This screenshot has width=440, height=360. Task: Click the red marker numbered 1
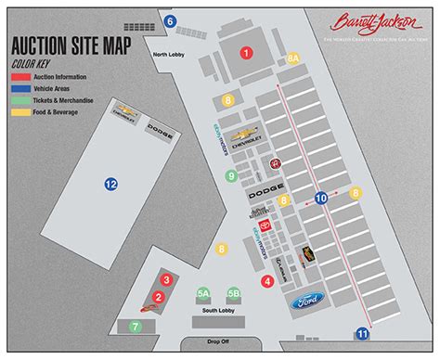(246, 54)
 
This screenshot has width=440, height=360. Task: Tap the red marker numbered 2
(159, 297)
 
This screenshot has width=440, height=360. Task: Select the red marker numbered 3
(166, 278)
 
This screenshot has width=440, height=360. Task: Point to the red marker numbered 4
(267, 281)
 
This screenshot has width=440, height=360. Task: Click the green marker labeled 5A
(203, 293)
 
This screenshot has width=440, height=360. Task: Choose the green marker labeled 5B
(234, 293)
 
